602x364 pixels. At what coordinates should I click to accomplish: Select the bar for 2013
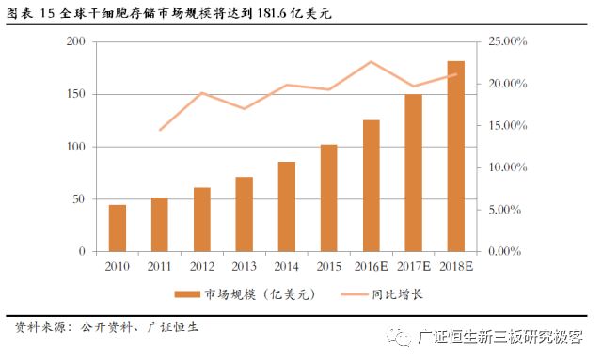tap(245, 214)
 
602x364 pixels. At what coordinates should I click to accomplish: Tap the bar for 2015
tap(329, 198)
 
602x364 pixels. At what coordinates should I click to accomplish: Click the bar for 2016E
tap(372, 186)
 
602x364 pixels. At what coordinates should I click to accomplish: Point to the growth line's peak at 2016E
tap(372, 62)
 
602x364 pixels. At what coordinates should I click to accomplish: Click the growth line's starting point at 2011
tap(160, 130)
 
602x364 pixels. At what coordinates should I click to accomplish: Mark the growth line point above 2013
tap(245, 108)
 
